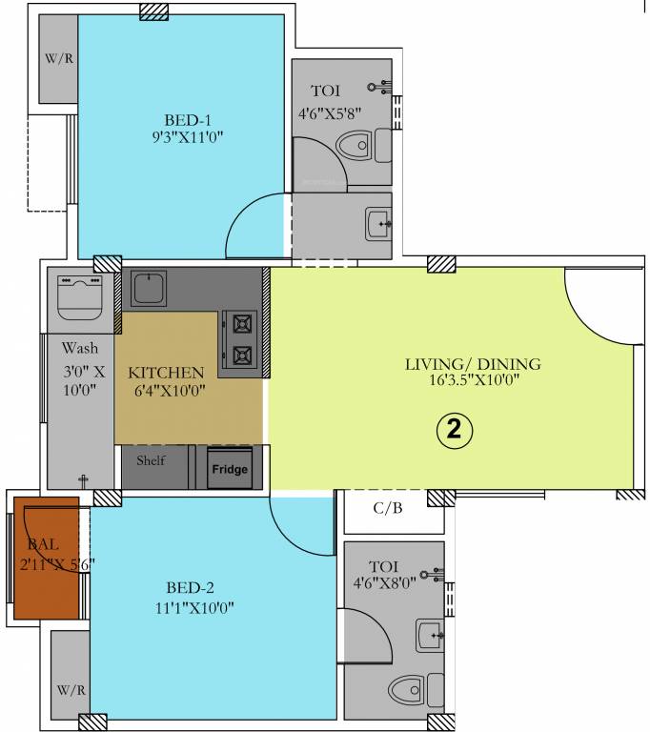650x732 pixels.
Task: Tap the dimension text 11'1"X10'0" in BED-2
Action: (193, 607)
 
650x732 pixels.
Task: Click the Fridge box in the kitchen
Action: (230, 469)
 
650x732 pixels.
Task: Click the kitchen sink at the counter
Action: (149, 289)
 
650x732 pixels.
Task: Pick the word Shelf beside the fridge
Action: (151, 460)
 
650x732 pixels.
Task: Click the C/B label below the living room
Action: (388, 508)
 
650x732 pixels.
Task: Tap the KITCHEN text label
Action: (166, 372)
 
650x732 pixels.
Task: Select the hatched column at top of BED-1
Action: (153, 10)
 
